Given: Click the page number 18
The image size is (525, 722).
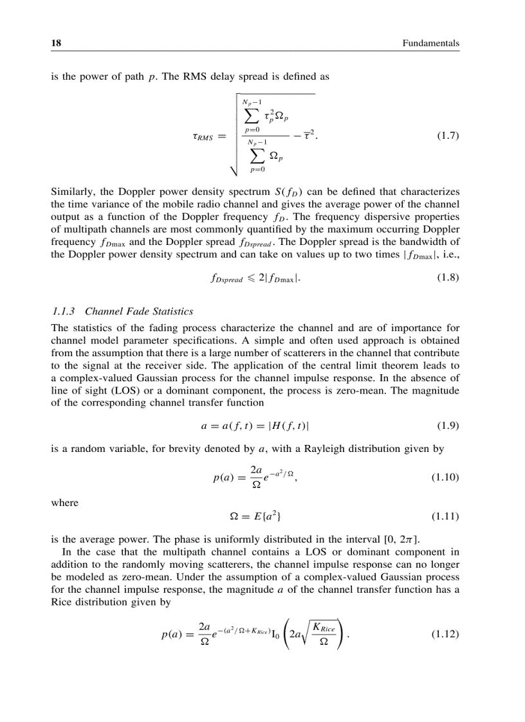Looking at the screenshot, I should [56, 43].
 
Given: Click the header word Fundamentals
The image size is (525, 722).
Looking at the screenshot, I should [430, 43].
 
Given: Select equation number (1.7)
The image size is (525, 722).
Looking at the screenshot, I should [447, 136].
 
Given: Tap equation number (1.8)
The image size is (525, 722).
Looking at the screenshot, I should [447, 279].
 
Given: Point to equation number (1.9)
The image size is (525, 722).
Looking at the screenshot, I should [447, 426].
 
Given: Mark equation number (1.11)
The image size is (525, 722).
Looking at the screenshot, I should [445, 516].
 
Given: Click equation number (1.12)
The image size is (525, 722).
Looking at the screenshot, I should [445, 634].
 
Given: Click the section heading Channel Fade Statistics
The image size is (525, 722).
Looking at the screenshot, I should [139, 311].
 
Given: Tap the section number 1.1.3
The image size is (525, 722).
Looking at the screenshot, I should [64, 311].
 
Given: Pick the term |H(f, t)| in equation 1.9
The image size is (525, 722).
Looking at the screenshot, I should [291, 426].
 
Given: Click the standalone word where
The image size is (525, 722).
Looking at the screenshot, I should [64, 502].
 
